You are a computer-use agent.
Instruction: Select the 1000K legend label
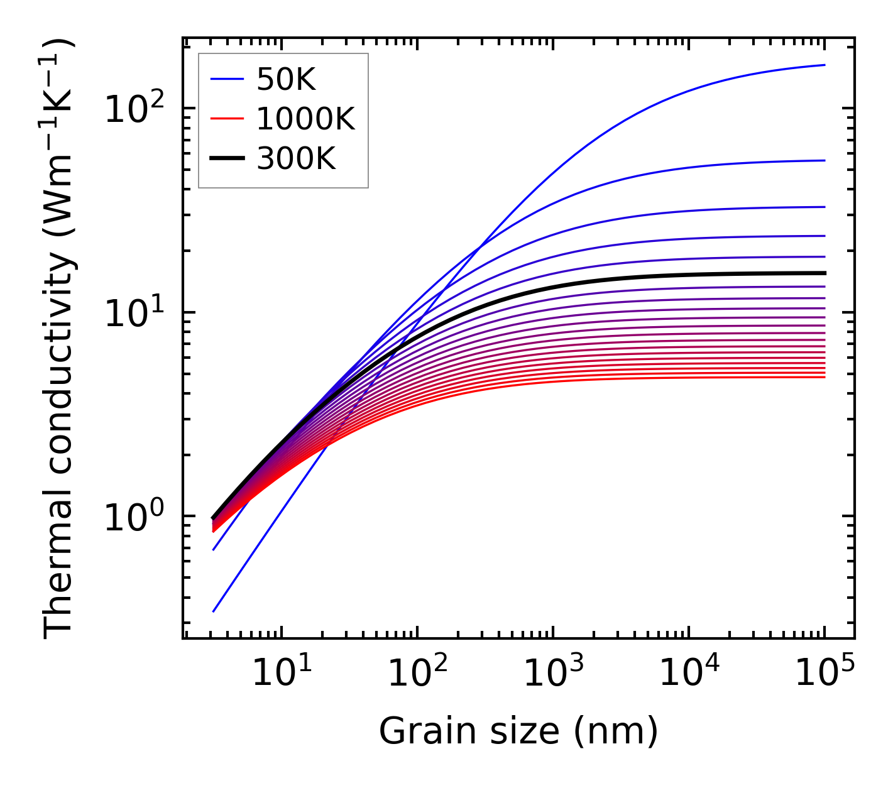click(305, 119)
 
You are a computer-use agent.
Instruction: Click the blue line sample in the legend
click(226, 79)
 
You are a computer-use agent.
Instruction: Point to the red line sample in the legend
click(226, 119)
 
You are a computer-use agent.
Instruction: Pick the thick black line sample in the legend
click(226, 159)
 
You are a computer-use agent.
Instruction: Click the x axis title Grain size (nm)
click(518, 731)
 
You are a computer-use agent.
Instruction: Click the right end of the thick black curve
click(825, 273)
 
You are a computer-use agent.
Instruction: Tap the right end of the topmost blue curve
click(825, 65)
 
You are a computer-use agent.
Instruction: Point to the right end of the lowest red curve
click(825, 377)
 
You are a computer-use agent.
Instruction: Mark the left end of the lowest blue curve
click(214, 611)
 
